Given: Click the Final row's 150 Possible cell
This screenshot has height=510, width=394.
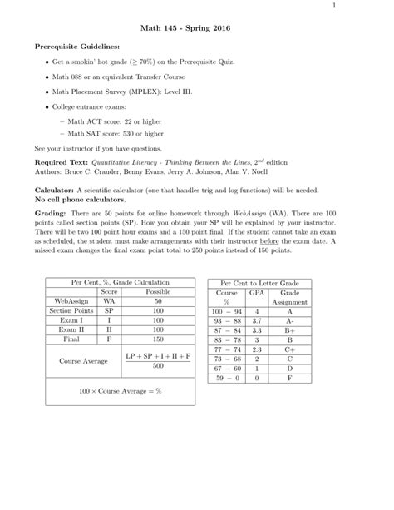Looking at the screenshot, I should (158, 339).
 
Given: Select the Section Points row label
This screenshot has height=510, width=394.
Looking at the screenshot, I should (69, 310).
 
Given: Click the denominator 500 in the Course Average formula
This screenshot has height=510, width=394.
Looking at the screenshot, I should (158, 365).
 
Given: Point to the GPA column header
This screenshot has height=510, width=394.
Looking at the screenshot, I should (258, 294).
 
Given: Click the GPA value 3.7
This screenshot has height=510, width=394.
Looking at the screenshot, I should (258, 320).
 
